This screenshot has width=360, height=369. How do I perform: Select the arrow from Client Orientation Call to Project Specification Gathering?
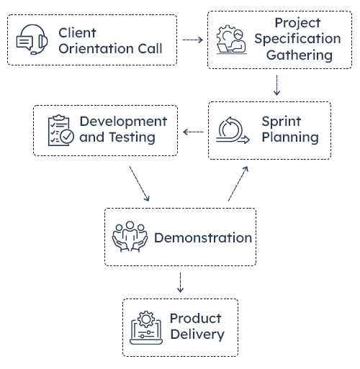tap(192, 40)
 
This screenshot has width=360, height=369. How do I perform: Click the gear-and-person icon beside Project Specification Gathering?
tap(231, 40)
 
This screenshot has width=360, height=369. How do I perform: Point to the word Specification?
tap(297, 39)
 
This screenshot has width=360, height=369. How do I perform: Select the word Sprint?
tap(281, 122)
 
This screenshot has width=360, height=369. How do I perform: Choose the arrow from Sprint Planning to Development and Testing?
tap(193, 132)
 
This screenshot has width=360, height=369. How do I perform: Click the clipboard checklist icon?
tap(60, 130)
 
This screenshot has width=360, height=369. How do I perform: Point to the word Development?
tap(123, 122)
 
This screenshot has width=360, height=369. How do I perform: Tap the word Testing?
tap(132, 137)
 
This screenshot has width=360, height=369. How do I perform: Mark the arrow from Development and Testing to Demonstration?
tap(139, 184)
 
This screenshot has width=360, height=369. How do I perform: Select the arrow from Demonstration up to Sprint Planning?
tap(238, 183)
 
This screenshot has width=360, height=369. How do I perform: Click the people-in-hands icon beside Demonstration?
tap(130, 237)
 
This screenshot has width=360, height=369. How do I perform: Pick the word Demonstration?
tap(202, 238)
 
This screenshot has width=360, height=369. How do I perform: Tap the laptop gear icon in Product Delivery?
tap(147, 327)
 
